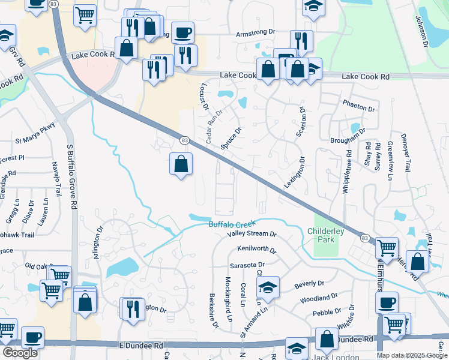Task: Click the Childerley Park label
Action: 325,235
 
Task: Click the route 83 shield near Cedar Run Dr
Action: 184,140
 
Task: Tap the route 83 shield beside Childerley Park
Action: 365,238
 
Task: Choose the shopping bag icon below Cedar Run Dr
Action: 181,164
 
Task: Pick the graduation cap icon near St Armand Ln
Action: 268,287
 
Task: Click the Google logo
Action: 20,353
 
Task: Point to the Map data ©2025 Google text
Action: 412,355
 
